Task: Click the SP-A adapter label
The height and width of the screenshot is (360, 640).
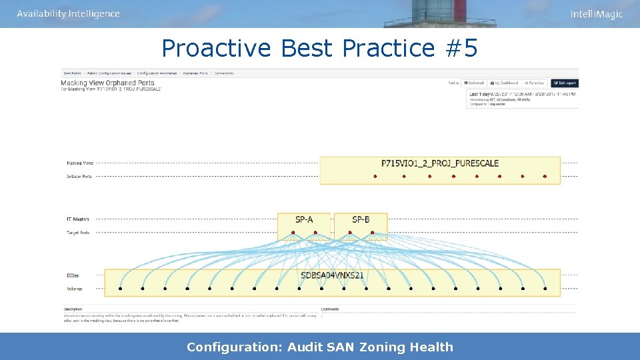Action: click(303, 219)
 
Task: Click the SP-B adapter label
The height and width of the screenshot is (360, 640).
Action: click(361, 219)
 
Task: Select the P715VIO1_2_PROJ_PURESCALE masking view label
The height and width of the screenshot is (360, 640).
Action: click(440, 163)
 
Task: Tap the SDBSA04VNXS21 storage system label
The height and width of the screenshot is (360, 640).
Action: click(333, 275)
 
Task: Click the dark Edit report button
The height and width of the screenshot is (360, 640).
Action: click(564, 83)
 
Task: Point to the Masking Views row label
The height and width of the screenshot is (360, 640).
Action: click(79, 163)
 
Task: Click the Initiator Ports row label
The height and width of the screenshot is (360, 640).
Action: click(79, 177)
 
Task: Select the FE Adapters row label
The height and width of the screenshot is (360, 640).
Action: click(78, 219)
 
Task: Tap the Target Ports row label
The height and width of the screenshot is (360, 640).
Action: click(78, 233)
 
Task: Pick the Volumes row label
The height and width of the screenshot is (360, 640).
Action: click(74, 289)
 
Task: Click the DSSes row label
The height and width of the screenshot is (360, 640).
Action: click(73, 275)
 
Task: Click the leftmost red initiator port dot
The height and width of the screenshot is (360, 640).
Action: click(375, 177)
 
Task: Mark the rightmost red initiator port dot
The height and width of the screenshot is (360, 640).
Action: click(545, 177)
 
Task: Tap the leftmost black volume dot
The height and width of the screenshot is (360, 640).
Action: click(120, 289)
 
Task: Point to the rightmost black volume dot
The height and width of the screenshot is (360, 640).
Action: click(545, 289)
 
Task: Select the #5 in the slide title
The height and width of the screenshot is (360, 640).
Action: click(461, 48)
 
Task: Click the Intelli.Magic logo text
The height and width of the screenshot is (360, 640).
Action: click(596, 14)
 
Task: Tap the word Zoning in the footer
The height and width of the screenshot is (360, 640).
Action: click(383, 347)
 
